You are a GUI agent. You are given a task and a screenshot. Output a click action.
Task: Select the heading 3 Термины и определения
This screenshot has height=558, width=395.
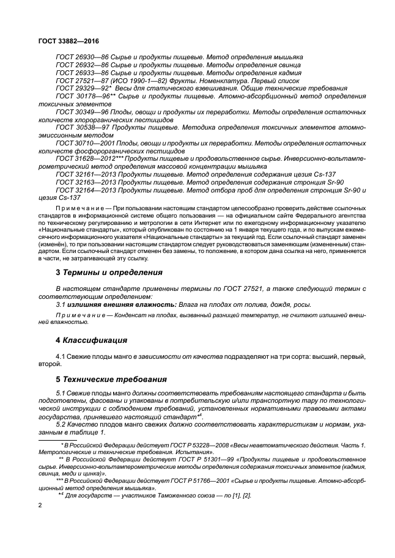101,273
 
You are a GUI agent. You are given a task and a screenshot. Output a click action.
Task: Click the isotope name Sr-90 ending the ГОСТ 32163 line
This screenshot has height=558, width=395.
351,182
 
